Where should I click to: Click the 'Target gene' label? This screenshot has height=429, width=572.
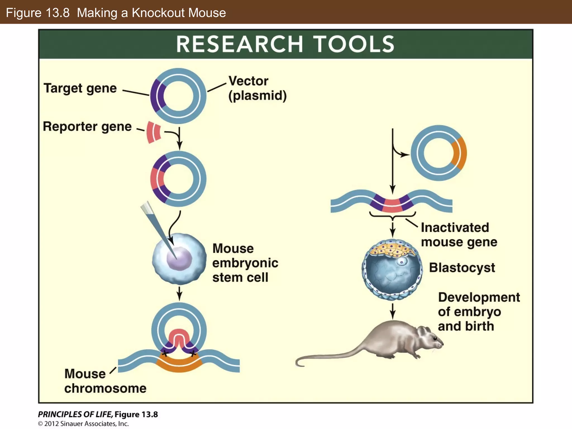(x=80, y=88)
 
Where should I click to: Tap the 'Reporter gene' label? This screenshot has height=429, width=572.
(x=87, y=127)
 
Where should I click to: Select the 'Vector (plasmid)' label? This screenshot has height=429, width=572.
(x=257, y=88)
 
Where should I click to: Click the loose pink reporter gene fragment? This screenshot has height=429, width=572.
(x=153, y=132)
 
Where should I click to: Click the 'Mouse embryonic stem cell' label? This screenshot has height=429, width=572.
(x=245, y=263)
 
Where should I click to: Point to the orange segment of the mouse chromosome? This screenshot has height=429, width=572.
(x=179, y=364)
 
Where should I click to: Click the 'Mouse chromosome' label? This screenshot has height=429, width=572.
(x=105, y=381)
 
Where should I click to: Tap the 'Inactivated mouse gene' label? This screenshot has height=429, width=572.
(x=459, y=235)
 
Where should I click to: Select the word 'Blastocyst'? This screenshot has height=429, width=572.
(x=462, y=268)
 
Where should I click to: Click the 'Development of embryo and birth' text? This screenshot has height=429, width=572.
(x=478, y=312)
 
